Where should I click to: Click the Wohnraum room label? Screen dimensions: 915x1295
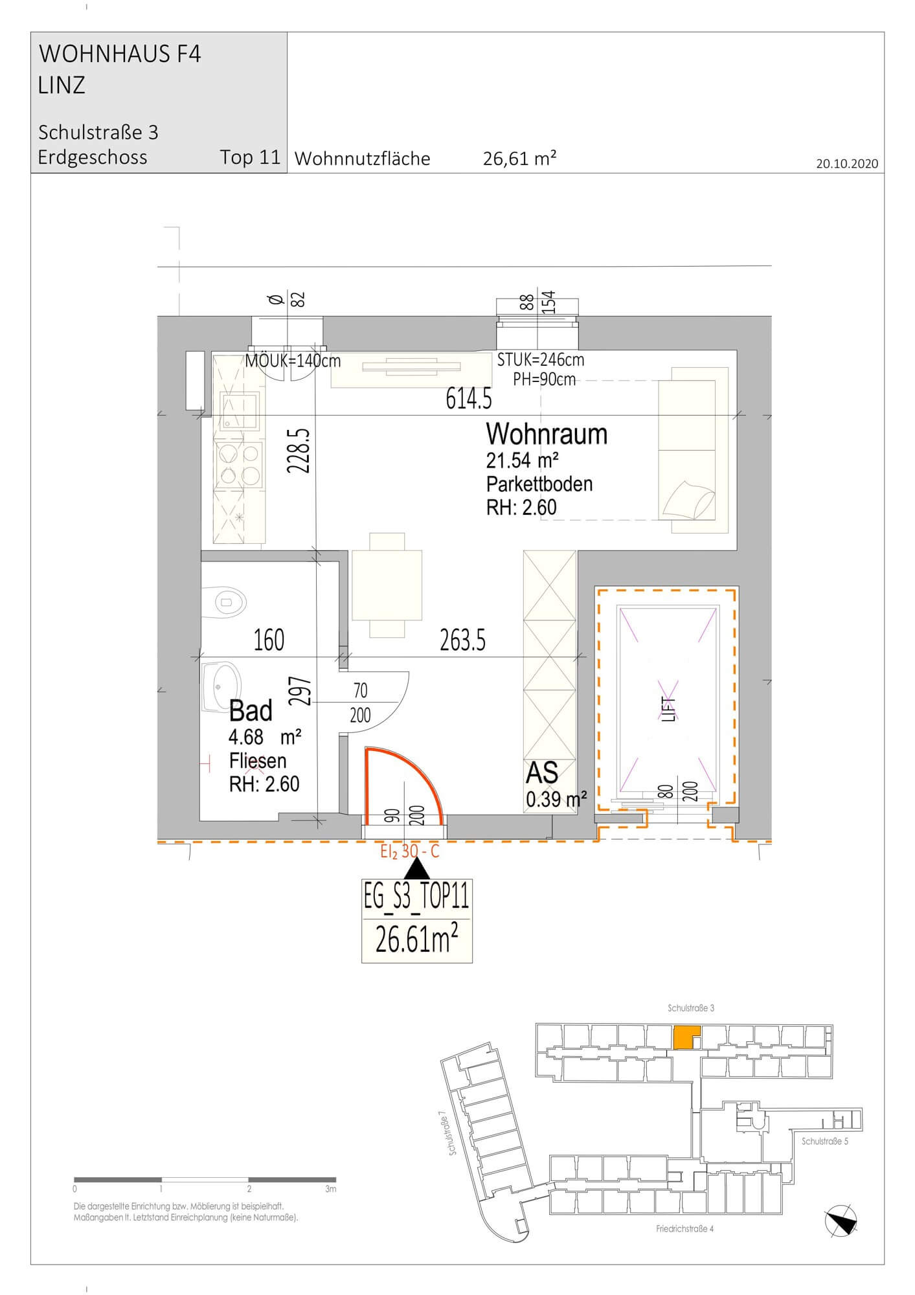[x=547, y=434]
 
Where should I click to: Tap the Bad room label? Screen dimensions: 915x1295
[x=251, y=711]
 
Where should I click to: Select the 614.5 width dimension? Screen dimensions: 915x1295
[x=469, y=400]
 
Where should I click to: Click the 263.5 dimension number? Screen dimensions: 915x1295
[x=462, y=640]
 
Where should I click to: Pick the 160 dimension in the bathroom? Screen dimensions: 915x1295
[x=269, y=640]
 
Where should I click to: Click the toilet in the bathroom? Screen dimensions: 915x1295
[x=224, y=602]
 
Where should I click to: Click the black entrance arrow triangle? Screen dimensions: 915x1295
[x=417, y=868]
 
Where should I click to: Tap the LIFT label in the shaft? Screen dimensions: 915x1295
[x=670, y=709]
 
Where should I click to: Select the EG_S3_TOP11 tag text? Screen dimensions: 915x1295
[x=416, y=899]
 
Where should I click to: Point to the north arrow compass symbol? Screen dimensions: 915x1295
[x=840, y=1221]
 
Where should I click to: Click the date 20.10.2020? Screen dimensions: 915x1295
[x=847, y=163]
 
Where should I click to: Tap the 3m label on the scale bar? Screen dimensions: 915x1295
[x=331, y=1189]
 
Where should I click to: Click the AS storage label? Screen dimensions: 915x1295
[x=543, y=773]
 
